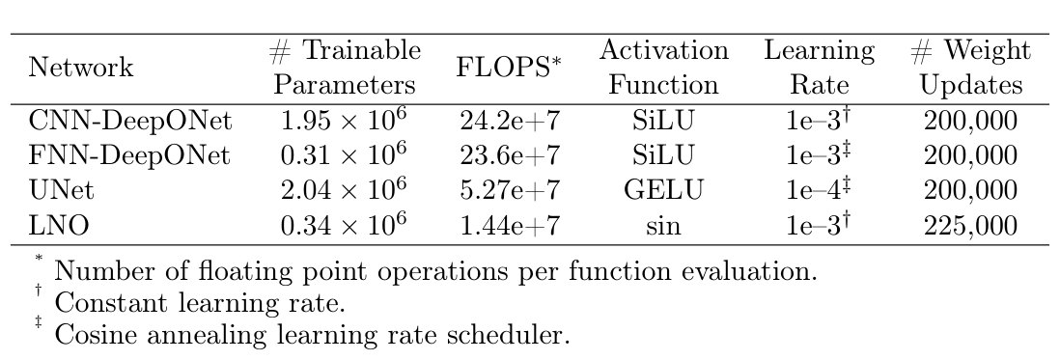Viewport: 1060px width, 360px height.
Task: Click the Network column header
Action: [x=81, y=69]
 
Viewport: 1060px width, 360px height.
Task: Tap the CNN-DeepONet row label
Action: [x=131, y=121]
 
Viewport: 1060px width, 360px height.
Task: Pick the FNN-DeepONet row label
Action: [x=131, y=155]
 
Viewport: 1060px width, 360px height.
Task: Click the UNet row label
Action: [x=62, y=190]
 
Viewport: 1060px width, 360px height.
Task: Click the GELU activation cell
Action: [x=663, y=190]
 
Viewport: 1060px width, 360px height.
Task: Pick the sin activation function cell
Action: [x=663, y=226]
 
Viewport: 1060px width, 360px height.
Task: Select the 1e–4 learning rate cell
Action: [x=819, y=190]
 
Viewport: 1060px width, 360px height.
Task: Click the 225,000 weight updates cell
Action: [x=970, y=226]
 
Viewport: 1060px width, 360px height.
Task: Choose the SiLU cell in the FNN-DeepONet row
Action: [x=663, y=155]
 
